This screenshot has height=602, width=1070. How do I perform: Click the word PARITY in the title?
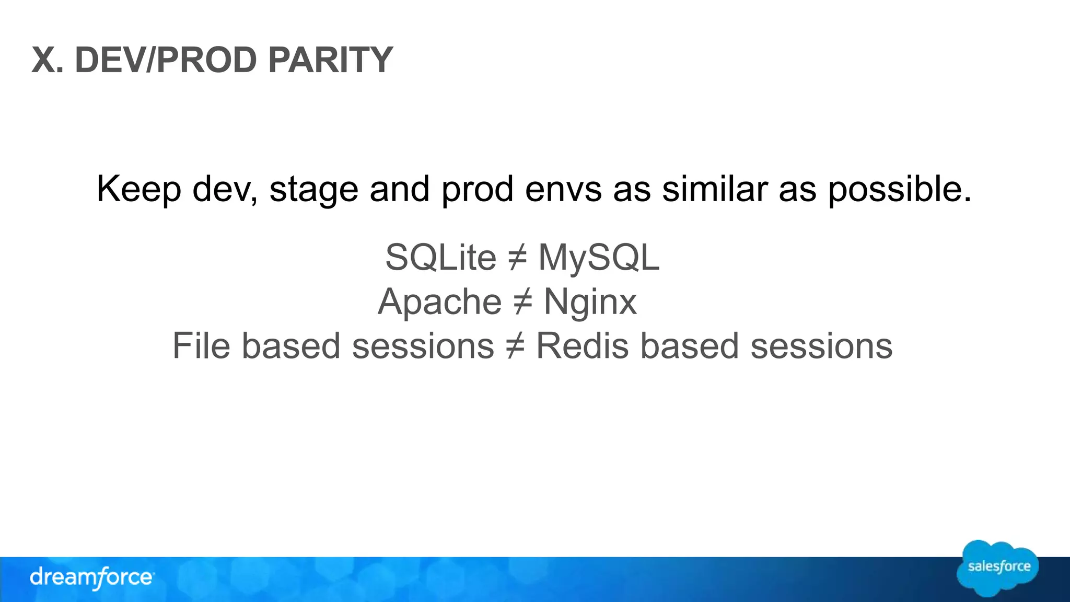(330, 60)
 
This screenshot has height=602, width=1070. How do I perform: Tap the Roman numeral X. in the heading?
(48, 60)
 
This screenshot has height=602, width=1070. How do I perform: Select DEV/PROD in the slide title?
(166, 60)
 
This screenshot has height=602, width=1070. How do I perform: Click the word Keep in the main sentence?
(138, 189)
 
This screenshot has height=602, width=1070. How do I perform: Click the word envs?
(563, 189)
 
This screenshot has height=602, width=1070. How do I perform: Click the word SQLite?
(440, 257)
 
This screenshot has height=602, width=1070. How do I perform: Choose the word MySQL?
(599, 258)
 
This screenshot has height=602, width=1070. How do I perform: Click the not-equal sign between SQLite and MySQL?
(517, 258)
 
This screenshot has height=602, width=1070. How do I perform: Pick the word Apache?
(439, 302)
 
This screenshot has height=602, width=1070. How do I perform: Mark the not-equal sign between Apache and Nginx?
(522, 302)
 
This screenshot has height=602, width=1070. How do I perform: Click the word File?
(201, 346)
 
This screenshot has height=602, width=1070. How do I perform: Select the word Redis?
(582, 346)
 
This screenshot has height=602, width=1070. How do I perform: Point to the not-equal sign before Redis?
(515, 346)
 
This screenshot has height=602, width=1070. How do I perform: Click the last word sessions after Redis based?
(821, 346)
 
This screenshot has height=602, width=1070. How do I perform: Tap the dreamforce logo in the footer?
(91, 578)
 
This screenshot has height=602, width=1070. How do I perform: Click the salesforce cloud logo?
(998, 568)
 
